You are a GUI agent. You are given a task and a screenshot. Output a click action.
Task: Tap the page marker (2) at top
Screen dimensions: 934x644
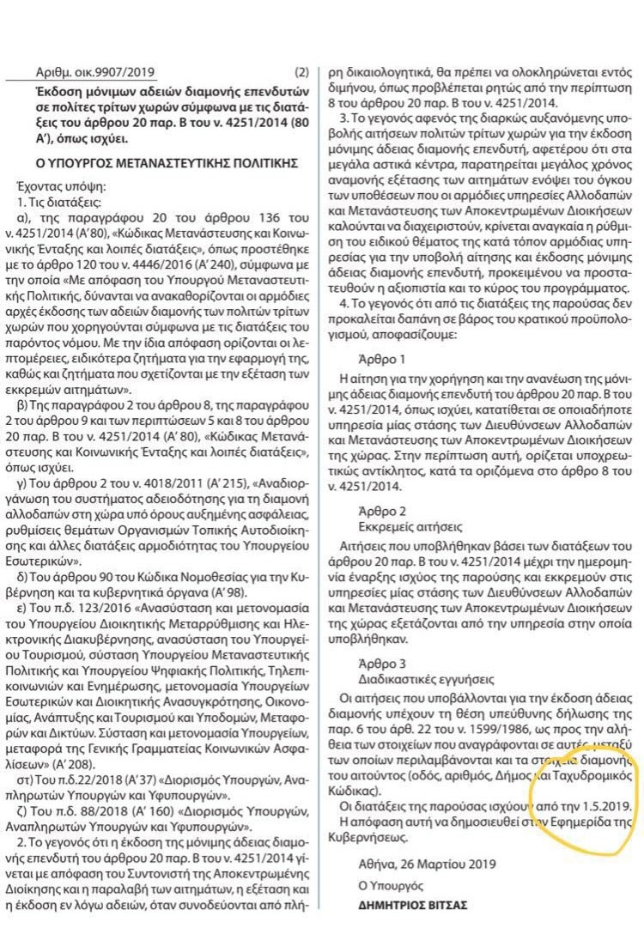coord(301,74)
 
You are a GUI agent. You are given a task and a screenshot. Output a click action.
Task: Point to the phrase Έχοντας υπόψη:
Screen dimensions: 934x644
coord(60,185)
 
